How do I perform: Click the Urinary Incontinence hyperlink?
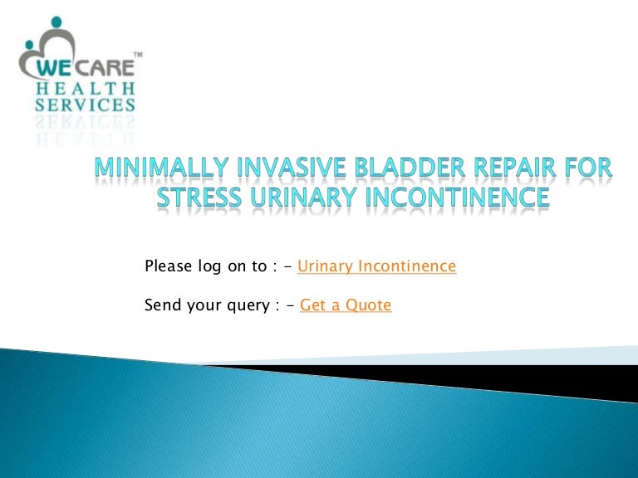pos(376,266)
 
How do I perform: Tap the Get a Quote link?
pos(345,305)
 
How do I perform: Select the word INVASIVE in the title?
pos(283,170)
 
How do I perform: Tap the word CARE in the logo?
pos(106,68)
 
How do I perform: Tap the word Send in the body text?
pos(162,305)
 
